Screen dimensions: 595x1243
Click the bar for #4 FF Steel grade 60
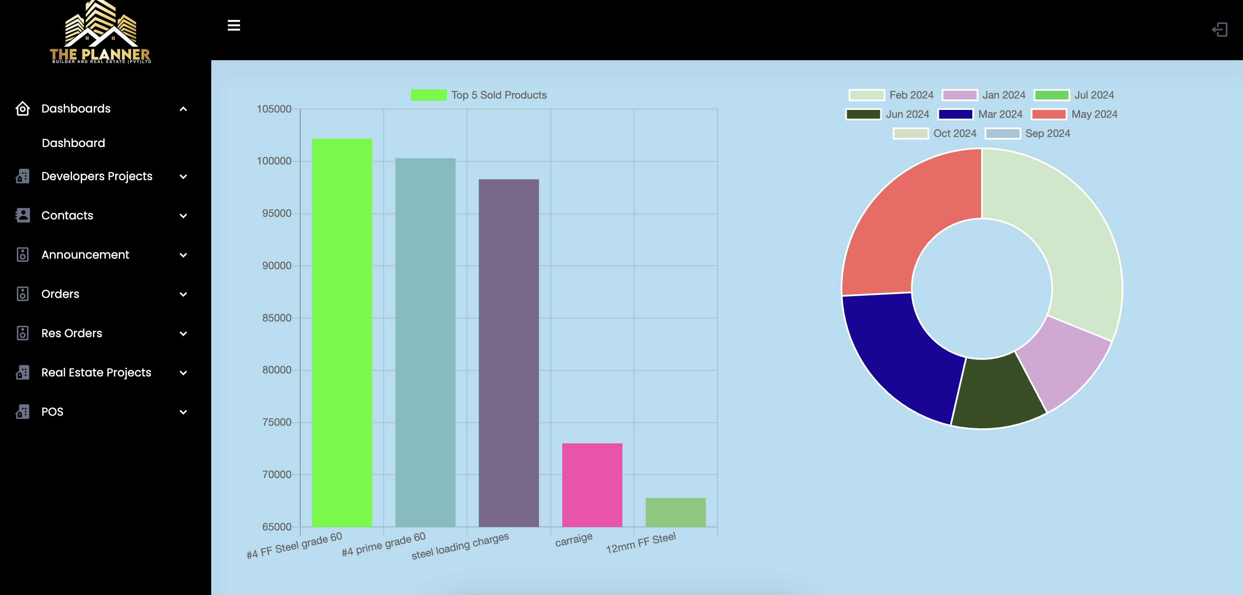342,333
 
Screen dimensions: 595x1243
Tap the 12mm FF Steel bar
675,512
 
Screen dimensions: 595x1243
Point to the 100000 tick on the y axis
274,161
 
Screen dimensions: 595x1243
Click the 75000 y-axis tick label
277,422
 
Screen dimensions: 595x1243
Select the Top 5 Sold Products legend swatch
429,95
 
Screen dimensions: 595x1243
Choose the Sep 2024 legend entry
1027,133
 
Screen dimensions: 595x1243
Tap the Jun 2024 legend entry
887,114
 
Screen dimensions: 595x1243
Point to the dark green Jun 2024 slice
996,393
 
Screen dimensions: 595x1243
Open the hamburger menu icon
233,26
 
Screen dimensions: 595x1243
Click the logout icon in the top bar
1219,30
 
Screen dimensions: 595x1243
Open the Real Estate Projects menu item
96,373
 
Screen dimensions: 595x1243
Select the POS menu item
52,412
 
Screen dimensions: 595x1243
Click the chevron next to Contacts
183,216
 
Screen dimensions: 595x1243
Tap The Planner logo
100,33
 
